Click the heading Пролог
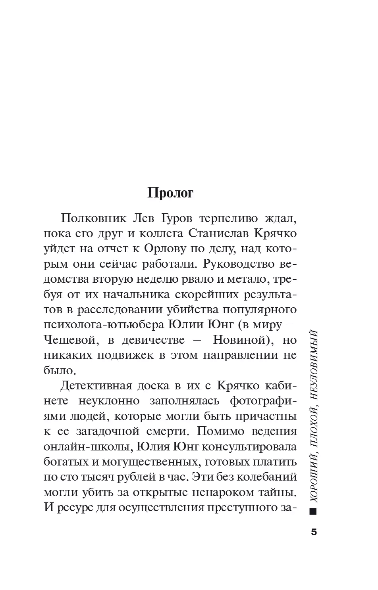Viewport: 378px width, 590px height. click(x=170, y=193)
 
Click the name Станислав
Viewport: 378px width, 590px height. click(x=213, y=233)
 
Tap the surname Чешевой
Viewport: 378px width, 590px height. click(x=70, y=340)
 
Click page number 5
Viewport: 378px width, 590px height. click(x=314, y=532)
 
